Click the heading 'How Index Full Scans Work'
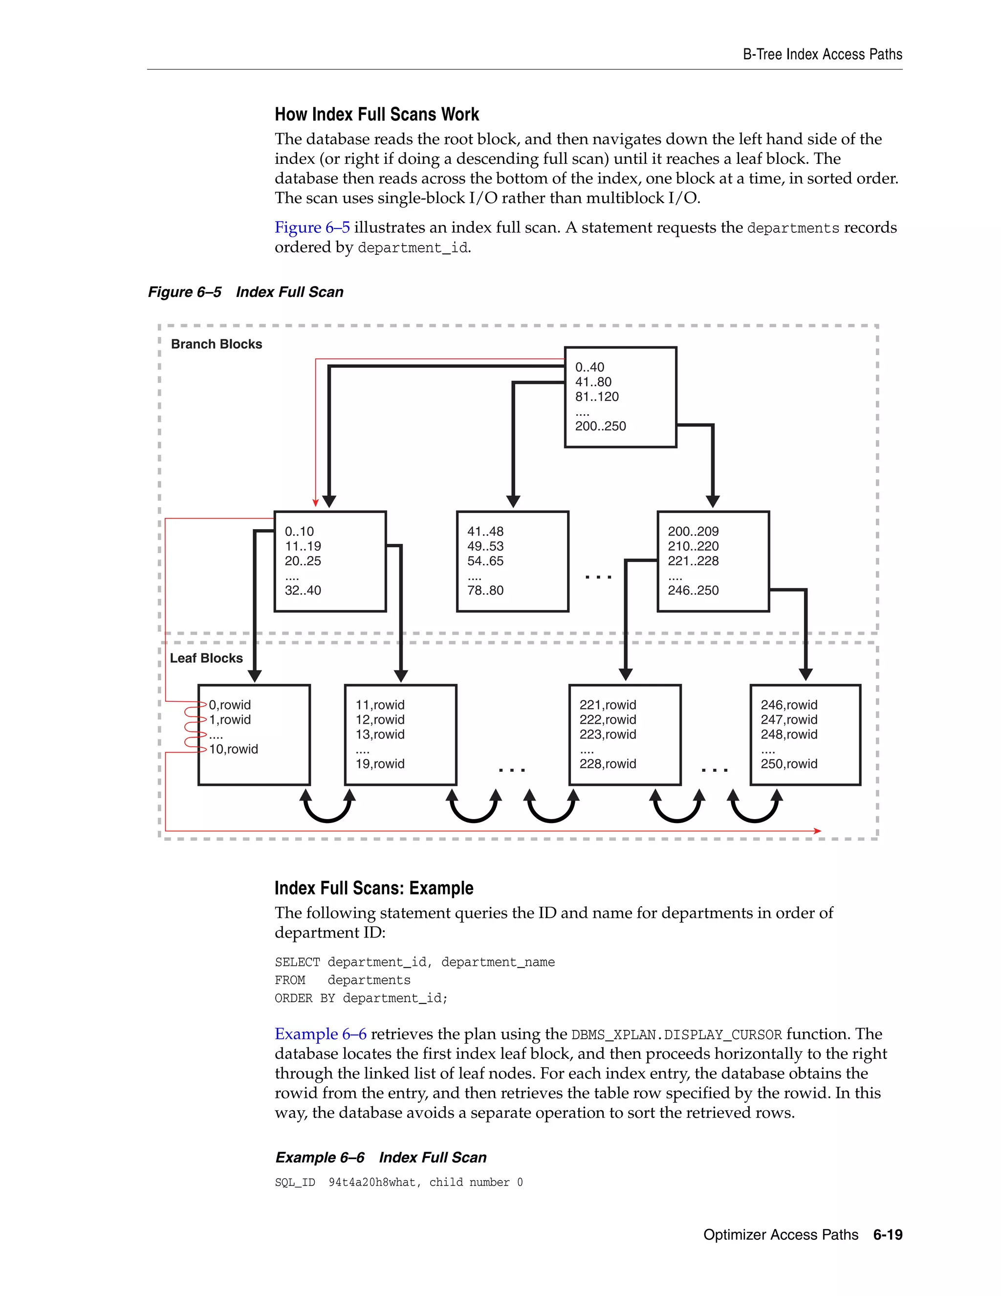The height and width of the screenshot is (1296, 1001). (376, 114)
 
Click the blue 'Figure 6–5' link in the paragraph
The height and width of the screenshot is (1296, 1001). (312, 228)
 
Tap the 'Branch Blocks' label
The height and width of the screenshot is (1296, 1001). (217, 344)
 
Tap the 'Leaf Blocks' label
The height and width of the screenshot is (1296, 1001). (206, 658)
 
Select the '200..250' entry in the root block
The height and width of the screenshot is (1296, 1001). (600, 426)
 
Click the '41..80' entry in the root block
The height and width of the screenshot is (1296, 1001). (593, 382)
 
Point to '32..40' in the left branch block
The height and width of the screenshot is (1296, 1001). (303, 590)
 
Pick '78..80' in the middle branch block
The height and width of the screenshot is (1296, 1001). (485, 590)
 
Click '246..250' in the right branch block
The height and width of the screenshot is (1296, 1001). (693, 590)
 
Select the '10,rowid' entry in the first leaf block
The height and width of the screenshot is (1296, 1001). (233, 749)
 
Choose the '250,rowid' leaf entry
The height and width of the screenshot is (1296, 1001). (789, 764)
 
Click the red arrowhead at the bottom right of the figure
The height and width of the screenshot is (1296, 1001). (818, 831)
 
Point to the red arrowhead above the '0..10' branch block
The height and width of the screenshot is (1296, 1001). (315, 503)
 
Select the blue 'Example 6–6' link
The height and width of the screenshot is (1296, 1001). (320, 1034)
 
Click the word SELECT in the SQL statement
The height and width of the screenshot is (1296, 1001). (297, 962)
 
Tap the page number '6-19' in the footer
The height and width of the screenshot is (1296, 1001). (887, 1235)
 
